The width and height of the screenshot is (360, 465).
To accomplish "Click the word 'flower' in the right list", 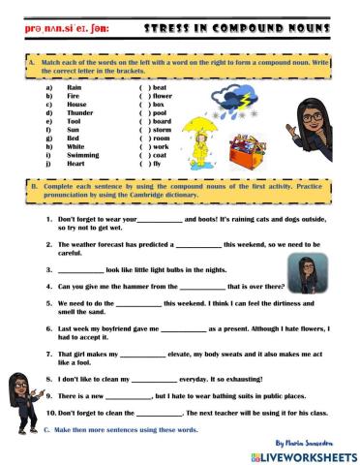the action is tap(162, 95).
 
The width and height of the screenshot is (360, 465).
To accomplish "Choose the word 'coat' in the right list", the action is tap(160, 155).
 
